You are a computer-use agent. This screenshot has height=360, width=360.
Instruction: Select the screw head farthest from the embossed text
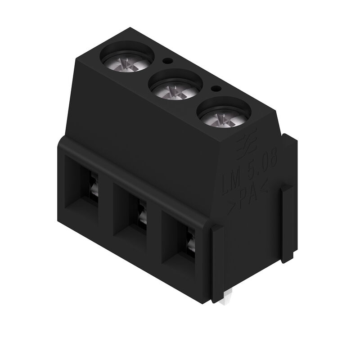tap(124, 62)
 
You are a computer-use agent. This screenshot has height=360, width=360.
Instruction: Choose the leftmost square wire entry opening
tap(83, 184)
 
